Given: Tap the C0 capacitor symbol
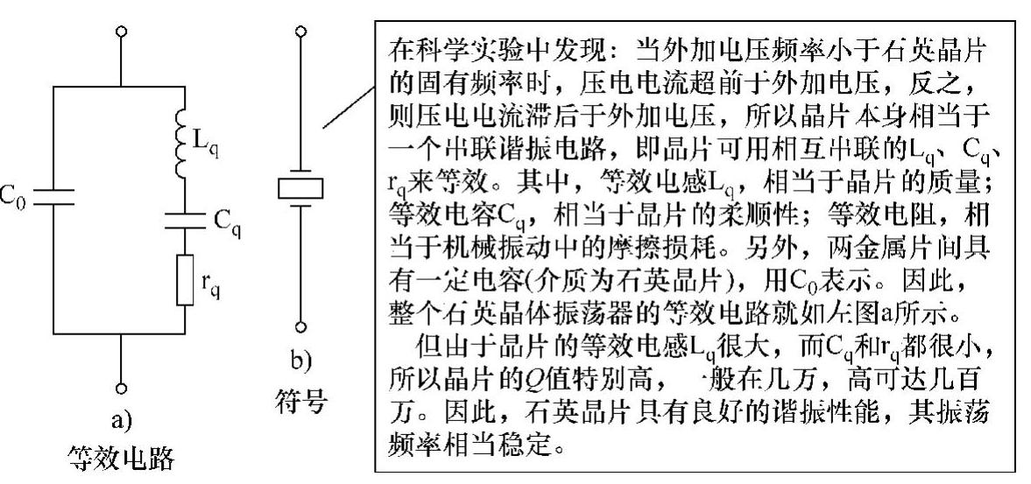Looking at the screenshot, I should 54,193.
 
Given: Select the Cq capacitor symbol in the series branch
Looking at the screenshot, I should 183,220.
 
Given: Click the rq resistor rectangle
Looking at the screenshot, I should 183,280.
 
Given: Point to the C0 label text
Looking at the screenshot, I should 14,194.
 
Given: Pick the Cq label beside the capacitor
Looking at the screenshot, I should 227,221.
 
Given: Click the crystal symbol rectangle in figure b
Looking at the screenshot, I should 300,187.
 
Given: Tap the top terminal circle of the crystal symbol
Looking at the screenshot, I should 300,32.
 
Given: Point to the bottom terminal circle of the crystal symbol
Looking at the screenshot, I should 300,327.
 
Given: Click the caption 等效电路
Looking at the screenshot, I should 121,458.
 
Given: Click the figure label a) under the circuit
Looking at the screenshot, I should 121,422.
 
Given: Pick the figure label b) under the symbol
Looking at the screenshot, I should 300,361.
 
